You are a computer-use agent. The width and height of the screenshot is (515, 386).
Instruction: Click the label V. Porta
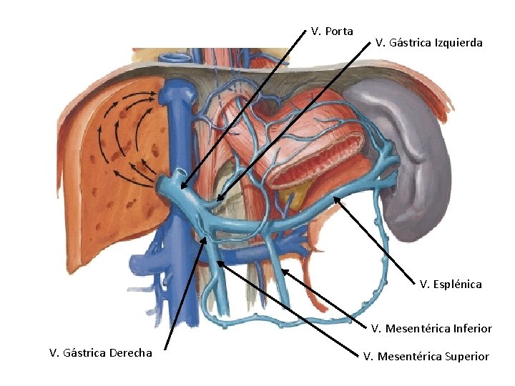click(x=332, y=31)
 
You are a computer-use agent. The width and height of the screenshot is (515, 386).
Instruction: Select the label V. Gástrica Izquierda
click(x=428, y=43)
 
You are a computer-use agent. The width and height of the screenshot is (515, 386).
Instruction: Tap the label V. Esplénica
click(x=451, y=284)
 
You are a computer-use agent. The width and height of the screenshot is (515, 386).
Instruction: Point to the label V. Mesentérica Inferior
click(x=431, y=329)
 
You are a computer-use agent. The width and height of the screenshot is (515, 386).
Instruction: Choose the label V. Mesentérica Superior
click(x=426, y=356)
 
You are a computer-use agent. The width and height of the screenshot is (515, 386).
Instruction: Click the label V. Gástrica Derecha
click(x=100, y=352)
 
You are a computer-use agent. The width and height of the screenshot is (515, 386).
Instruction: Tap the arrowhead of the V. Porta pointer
click(x=181, y=190)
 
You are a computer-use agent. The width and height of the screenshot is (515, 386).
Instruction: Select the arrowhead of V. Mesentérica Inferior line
click(x=283, y=269)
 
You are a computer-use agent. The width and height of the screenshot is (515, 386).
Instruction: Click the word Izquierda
click(x=459, y=43)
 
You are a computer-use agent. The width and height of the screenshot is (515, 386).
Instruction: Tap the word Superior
click(x=465, y=356)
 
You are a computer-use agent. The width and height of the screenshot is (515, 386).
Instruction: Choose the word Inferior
click(x=470, y=329)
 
